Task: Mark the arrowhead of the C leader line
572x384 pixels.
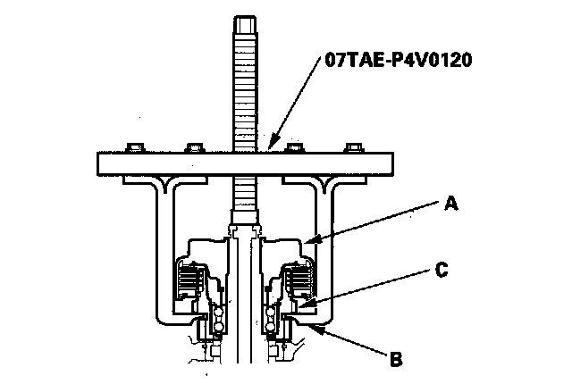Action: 300,307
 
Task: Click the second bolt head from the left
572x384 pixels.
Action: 190,146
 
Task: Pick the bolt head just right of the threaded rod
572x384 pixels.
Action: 291,146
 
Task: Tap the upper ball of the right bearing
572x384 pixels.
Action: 271,312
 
